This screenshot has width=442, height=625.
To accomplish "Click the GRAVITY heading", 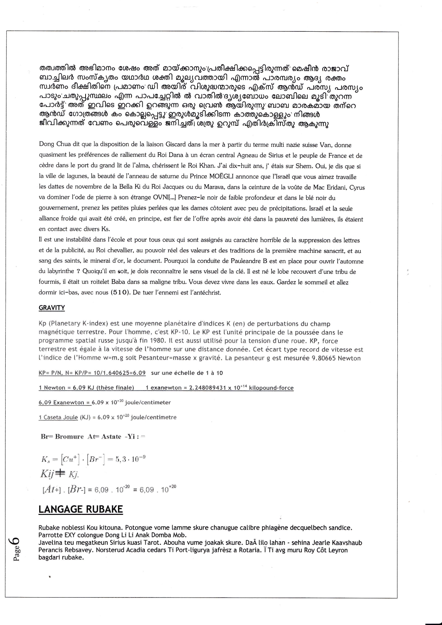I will [x=52, y=308].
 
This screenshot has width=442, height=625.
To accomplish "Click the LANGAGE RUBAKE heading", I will [x=81, y=509].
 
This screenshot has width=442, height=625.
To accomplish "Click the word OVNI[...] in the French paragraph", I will [x=163, y=198].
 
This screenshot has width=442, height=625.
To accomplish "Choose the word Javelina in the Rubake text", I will [x=50, y=543].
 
